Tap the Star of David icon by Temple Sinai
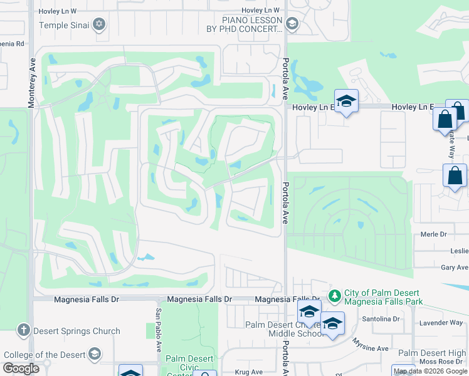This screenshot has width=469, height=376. (x=98, y=25)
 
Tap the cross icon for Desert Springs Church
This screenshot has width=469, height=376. (x=23, y=330)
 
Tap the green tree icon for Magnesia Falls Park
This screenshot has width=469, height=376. (x=335, y=295)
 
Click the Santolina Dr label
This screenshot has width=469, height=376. (x=381, y=319)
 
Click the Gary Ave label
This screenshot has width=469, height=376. (x=455, y=268)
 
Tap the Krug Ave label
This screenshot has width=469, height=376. (x=250, y=372)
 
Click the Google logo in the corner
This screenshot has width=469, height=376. (x=21, y=368)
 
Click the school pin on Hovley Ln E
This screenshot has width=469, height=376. (x=345, y=102)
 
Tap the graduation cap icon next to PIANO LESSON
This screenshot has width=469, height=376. (x=291, y=24)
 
